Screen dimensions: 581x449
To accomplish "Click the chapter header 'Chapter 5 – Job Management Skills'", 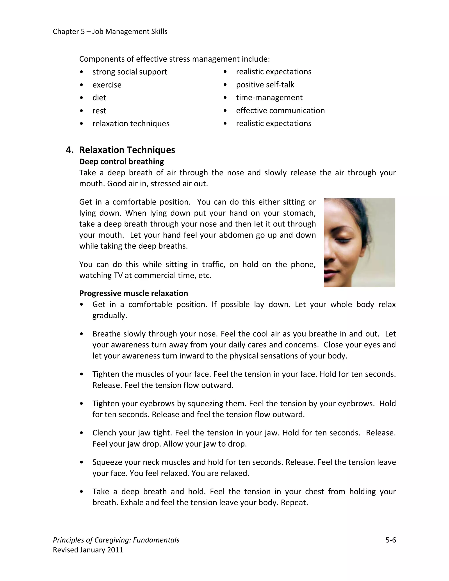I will coord(110,32).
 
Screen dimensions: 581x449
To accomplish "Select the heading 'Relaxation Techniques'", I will coord(127,150).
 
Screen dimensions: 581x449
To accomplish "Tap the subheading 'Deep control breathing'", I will coord(121,162).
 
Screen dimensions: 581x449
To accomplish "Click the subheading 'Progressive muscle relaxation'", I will coord(133,293).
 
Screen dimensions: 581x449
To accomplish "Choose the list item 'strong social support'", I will coord(130,72).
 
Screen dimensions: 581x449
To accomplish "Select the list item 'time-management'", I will coord(269,98).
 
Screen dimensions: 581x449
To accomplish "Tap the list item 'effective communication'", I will coord(280,110).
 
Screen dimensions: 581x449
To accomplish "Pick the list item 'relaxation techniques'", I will coord(131,123).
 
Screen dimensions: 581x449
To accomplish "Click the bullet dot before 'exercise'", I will coord(81,85).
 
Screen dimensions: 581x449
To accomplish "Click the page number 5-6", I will coord(390,540).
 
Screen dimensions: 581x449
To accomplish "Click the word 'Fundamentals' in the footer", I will coord(156,540).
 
